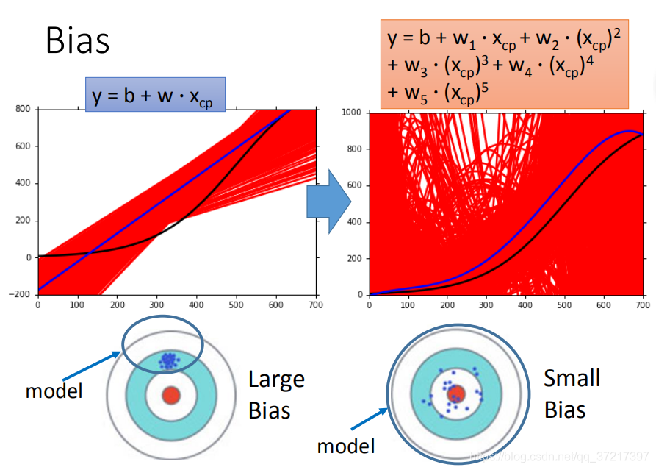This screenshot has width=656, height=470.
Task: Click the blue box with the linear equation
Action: pos(155,94)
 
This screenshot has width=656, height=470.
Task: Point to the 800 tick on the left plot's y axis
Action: pos(24,109)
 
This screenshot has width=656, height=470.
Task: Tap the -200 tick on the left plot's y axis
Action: pos(21,294)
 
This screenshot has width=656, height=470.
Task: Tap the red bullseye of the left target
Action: pos(171,395)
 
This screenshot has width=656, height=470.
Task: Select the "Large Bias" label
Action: pos(276,394)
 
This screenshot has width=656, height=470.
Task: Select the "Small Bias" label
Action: pos(572,393)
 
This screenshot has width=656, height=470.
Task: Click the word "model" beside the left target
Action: pos(54,391)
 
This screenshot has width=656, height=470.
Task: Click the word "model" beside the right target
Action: pos(346,445)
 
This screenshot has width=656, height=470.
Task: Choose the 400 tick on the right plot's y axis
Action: pos(356,222)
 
